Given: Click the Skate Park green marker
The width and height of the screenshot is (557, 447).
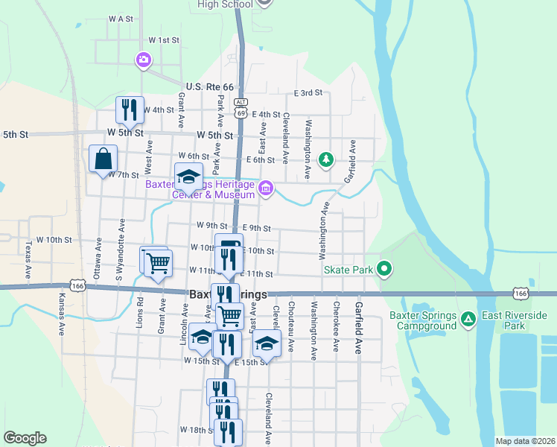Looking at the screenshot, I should pyautogui.click(x=384, y=268).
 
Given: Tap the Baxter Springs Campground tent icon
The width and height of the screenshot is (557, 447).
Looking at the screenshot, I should pyautogui.click(x=468, y=320).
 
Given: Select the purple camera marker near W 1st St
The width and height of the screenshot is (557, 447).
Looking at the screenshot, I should pyautogui.click(x=143, y=60).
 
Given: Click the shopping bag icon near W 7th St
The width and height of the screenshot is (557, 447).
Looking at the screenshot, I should pyautogui.click(x=103, y=158).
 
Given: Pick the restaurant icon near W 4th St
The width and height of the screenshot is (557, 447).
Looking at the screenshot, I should pyautogui.click(x=130, y=110).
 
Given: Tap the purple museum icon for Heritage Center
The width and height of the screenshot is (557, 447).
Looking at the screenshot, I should pyautogui.click(x=266, y=191).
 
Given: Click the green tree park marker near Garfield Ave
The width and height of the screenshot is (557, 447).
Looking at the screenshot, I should pyautogui.click(x=325, y=159).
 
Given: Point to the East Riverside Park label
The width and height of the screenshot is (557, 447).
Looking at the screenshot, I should pyautogui.click(x=515, y=320).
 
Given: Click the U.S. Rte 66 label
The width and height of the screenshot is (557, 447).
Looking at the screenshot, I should pyautogui.click(x=210, y=87).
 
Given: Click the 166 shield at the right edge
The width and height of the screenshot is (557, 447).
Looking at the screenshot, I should pyautogui.click(x=521, y=294).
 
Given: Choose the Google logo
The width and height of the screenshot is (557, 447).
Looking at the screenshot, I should pyautogui.click(x=25, y=438).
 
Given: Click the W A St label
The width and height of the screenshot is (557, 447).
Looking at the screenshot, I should pyautogui.click(x=120, y=18).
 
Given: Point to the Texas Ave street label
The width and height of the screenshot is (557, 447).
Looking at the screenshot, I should pyautogui.click(x=28, y=259).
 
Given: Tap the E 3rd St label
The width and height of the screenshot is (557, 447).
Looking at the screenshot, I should pyautogui.click(x=308, y=93).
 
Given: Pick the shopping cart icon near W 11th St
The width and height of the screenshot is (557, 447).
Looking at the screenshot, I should pyautogui.click(x=157, y=262).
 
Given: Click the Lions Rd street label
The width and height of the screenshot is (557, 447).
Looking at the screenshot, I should pyautogui.click(x=140, y=312).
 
